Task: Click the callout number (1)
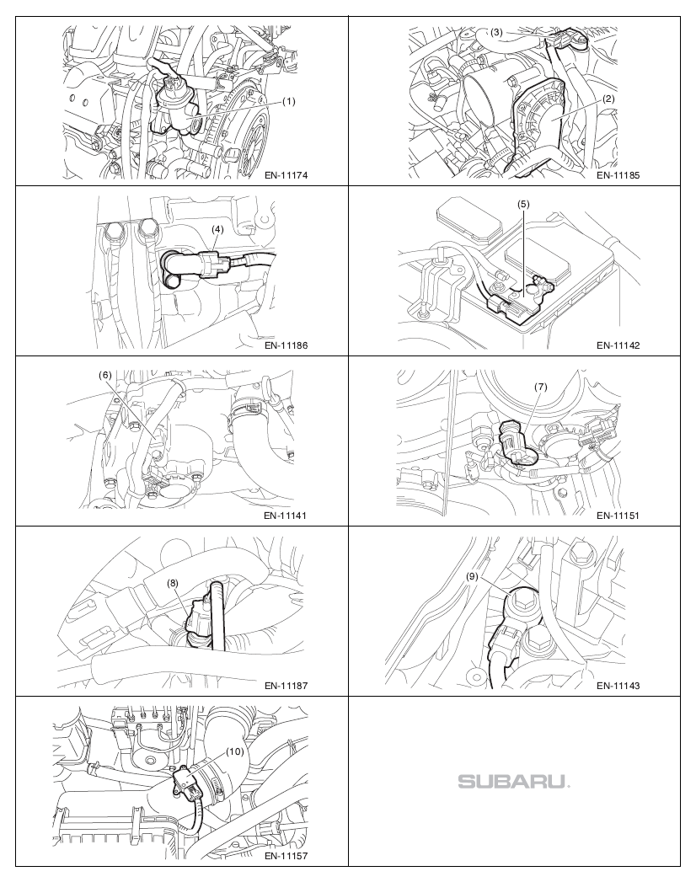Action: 288,102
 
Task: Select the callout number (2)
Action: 608,99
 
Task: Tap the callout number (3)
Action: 495,33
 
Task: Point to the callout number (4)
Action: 217,229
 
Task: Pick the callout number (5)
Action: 523,204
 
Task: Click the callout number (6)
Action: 105,375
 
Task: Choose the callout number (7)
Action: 540,387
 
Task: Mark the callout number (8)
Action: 172,583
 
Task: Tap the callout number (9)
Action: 473,576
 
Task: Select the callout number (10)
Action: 234,751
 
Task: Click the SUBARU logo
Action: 514,781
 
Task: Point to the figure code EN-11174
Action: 286,175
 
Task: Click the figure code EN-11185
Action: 618,175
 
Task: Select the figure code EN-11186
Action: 286,345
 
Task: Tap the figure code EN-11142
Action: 618,345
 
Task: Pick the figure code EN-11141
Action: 286,516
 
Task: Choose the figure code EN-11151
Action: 618,516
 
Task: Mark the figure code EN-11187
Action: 286,686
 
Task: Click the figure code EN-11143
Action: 618,686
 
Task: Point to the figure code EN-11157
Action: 286,856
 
